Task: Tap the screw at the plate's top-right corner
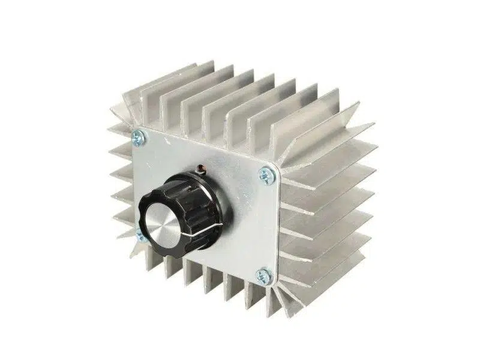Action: coord(265,175)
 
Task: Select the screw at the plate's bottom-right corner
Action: coord(263,275)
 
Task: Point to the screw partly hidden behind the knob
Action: coord(139,234)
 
